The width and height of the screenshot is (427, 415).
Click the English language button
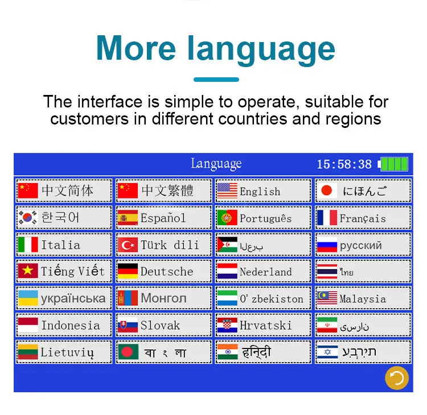[263, 190]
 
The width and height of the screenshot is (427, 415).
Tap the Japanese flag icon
[327, 190]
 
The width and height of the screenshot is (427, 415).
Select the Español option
[163, 218]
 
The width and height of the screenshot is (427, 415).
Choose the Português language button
[263, 218]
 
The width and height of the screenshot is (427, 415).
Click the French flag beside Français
[327, 217]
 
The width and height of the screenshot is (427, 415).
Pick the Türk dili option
[163, 244]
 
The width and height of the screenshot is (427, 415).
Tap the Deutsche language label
[167, 271]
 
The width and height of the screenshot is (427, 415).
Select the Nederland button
[263, 271]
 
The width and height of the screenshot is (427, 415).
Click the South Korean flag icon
[27, 217]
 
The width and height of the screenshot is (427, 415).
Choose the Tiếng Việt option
[64, 271]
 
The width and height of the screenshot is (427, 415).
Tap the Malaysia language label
[363, 299]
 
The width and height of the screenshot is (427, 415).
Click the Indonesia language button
[64, 325]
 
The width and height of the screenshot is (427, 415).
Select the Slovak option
[163, 325]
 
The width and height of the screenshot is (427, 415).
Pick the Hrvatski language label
[265, 325]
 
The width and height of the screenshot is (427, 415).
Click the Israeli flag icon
[327, 352]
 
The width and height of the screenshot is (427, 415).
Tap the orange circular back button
[397, 377]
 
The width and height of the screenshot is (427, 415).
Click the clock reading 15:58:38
[344, 164]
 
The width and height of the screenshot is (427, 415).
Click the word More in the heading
[136, 48]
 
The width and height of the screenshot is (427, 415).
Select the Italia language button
[64, 244]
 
